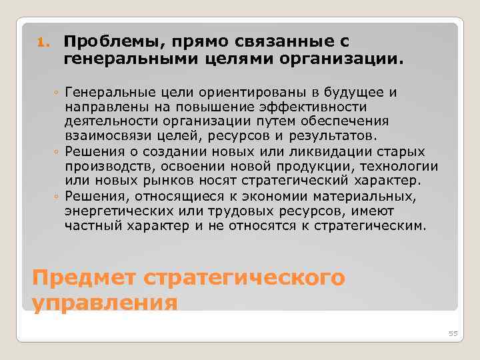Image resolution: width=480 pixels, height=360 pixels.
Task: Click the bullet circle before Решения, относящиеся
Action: point(59,197)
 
